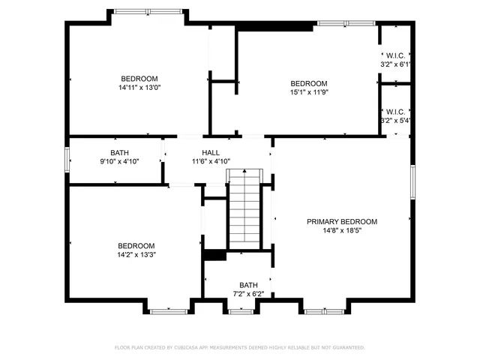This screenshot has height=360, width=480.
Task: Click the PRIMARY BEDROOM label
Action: pyautogui.click(x=341, y=222)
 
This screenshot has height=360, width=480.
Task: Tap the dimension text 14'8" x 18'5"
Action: pyautogui.click(x=341, y=231)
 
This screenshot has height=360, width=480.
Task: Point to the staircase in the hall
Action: pyautogui.click(x=244, y=209)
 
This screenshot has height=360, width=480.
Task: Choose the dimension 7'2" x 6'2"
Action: pyautogui.click(x=248, y=294)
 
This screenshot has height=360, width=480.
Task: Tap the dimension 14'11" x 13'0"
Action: pyautogui.click(x=139, y=88)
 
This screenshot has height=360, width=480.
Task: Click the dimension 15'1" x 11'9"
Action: pyautogui.click(x=309, y=92)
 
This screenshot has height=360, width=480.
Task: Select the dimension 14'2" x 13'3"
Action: pyautogui.click(x=136, y=255)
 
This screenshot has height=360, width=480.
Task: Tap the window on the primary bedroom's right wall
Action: pyautogui.click(x=412, y=181)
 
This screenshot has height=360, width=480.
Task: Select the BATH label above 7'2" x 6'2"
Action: pyautogui.click(x=248, y=285)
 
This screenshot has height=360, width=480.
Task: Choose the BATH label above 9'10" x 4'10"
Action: pyautogui.click(x=119, y=153)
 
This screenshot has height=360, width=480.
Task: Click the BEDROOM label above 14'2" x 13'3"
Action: pyautogui.click(x=136, y=246)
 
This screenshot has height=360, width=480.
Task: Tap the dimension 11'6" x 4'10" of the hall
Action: pyautogui.click(x=211, y=161)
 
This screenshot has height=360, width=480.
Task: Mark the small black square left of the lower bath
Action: pyautogui.click(x=215, y=255)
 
